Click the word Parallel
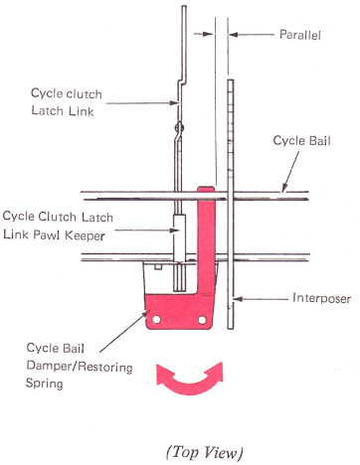[300, 35]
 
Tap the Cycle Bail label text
[301, 141]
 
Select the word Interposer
[321, 298]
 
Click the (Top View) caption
[204, 452]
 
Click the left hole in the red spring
[156, 320]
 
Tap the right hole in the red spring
[202, 320]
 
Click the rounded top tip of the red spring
[206, 188]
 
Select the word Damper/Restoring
[80, 367]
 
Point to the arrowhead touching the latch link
[175, 102]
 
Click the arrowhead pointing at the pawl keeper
[174, 230]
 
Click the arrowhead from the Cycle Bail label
[283, 188]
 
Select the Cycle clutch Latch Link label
[67, 102]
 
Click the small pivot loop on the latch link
[180, 127]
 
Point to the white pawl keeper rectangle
[179, 238]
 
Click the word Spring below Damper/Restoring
[45, 384]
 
